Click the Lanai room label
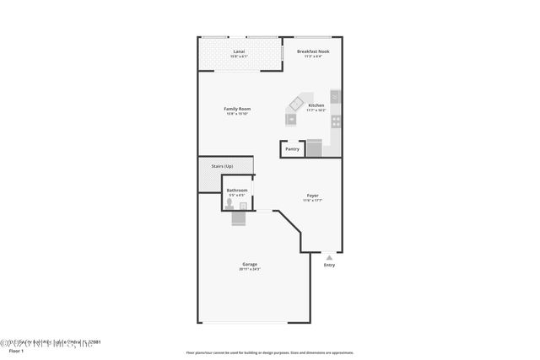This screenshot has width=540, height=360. click(239, 52)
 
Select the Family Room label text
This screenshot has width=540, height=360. click(237, 109)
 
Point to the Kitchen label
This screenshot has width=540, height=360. click(316, 105)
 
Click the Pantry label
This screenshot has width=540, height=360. click(292, 149)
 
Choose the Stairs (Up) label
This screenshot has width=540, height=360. click(223, 167)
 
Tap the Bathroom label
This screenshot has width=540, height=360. click(237, 191)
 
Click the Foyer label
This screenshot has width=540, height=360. click(312, 196)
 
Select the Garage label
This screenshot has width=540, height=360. click(250, 264)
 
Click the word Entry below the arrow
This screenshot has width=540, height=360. click(329, 266)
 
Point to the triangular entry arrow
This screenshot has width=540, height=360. click(329, 257)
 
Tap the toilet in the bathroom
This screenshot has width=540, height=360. click(229, 205)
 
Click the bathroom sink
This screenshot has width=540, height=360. click(244, 205)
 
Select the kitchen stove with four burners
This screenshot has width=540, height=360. click(335, 121)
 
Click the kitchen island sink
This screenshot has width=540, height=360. click(293, 119)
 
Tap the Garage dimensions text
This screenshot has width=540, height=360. click(250, 269)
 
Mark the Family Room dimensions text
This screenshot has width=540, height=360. click(237, 114)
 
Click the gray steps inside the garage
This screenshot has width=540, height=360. click(240, 218)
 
